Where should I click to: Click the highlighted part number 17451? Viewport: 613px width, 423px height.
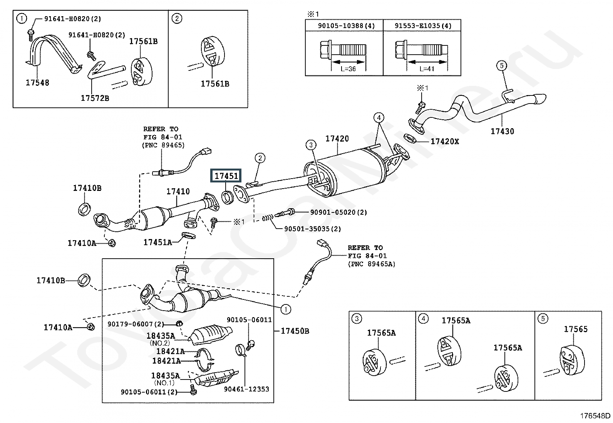(226, 176)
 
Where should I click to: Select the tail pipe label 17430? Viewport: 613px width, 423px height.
(502, 131)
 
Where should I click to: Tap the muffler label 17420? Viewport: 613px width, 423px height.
(337, 139)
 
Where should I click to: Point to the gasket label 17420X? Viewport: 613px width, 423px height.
(445, 142)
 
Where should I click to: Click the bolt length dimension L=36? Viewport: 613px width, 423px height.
(348, 69)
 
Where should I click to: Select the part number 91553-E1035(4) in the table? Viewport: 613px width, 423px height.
(423, 26)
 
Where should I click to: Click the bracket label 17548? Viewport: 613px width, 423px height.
(37, 82)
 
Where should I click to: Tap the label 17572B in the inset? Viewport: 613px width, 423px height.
(95, 98)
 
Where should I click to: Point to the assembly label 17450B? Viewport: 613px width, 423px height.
(295, 331)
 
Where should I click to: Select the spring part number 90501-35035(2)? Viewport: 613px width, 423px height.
(312, 229)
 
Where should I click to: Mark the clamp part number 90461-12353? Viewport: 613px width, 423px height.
(246, 389)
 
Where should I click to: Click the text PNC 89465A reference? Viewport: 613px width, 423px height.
(371, 264)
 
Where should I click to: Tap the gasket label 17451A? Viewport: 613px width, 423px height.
(157, 242)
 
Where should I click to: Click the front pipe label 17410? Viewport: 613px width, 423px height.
(178, 191)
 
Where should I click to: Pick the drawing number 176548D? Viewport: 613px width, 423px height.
(595, 416)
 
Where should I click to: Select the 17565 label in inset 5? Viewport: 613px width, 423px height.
(576, 329)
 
